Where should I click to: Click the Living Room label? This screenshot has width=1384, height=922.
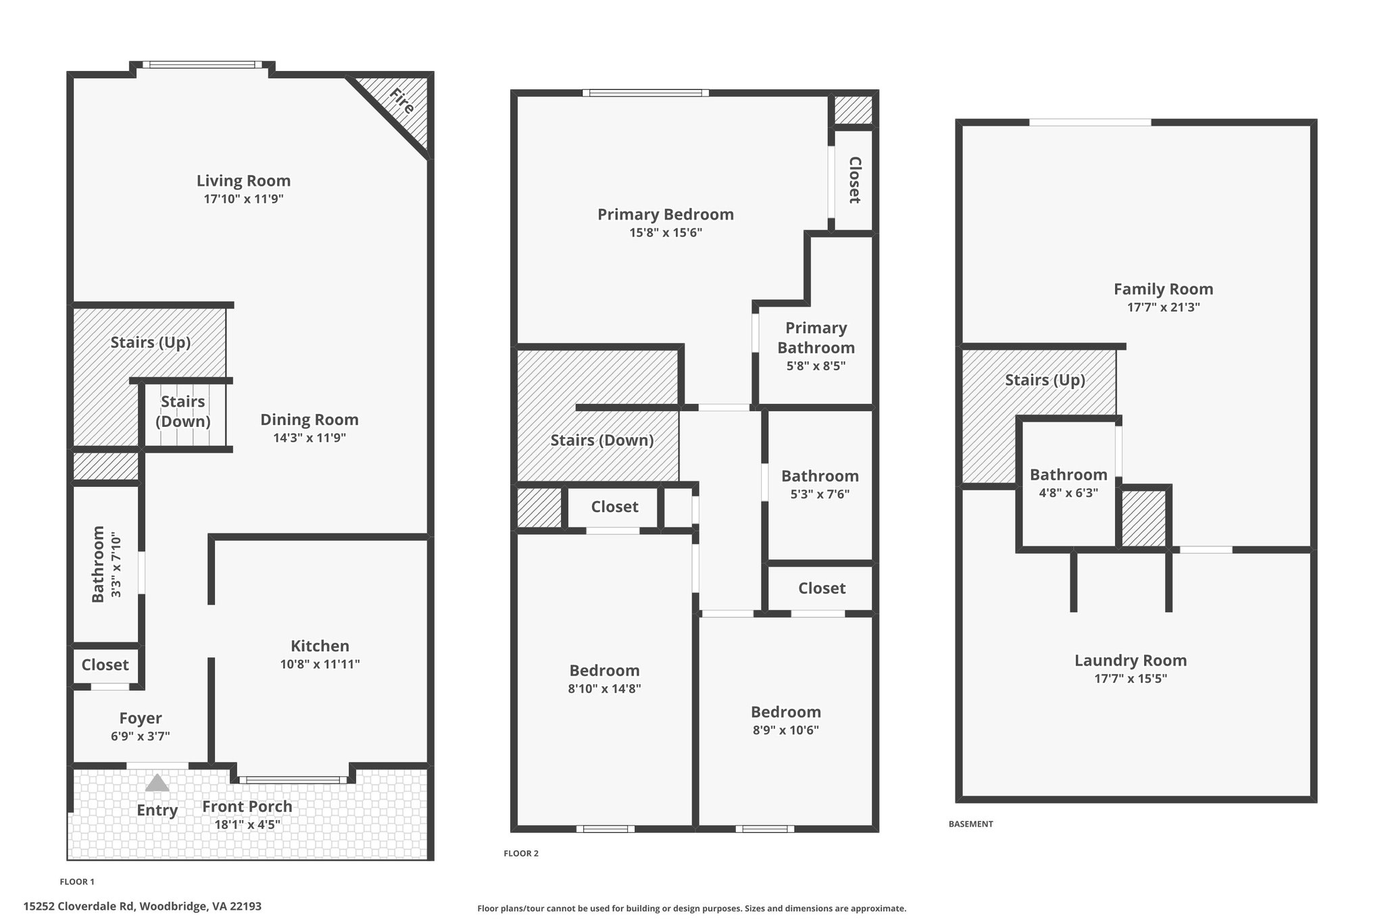243,181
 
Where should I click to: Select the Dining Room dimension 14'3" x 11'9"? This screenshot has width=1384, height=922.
310,438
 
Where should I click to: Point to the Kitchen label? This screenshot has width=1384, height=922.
320,646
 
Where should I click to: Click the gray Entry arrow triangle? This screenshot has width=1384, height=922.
157,783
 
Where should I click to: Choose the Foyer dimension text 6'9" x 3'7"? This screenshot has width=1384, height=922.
141,736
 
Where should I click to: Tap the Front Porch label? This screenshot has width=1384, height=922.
247,806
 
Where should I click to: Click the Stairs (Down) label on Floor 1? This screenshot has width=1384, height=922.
183,411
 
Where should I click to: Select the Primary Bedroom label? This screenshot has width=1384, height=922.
666,214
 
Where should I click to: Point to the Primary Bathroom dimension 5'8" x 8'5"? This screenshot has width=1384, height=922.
816,366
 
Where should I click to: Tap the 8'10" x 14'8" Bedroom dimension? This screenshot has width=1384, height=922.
605,689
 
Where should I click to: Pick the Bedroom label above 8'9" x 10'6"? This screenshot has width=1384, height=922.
786,712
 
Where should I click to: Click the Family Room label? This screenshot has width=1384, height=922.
1164,289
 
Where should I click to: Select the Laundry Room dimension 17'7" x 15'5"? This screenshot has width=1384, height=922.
1131,679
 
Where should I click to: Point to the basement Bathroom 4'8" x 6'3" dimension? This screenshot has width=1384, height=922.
1068,493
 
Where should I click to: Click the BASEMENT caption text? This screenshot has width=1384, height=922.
971,824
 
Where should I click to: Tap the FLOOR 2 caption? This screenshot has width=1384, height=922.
521,854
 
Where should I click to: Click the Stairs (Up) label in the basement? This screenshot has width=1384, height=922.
1045,380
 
